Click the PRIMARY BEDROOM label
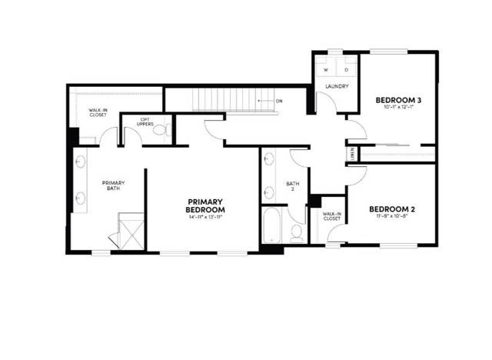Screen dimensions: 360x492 [x=205, y=205]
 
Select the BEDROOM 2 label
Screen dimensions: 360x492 [x=392, y=208]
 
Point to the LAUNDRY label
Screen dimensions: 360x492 [x=337, y=86]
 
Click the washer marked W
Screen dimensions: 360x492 [x=326, y=69]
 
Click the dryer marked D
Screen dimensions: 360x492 [x=346, y=69]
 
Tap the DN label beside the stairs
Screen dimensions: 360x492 [x=279, y=101]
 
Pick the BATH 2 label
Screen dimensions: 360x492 [x=292, y=185]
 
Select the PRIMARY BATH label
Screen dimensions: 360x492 [x=114, y=185]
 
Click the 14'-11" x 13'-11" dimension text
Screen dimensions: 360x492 [x=205, y=218]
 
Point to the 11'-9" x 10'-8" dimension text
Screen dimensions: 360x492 [x=392, y=217]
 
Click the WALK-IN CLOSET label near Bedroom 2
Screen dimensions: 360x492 [x=331, y=217]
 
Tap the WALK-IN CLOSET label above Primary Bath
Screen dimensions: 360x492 [x=98, y=113]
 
